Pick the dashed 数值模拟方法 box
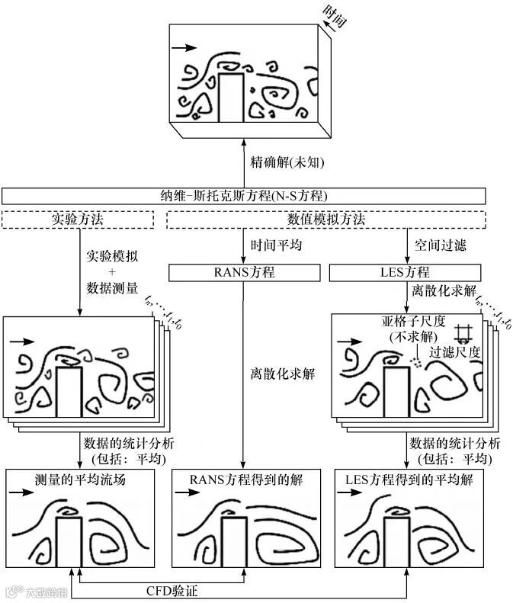click(x=326, y=220)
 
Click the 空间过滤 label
click(x=440, y=245)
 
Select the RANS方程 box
click(x=242, y=272)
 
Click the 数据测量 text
click(x=111, y=287)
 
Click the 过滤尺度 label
click(x=456, y=352)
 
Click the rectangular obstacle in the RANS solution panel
click(x=234, y=542)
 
